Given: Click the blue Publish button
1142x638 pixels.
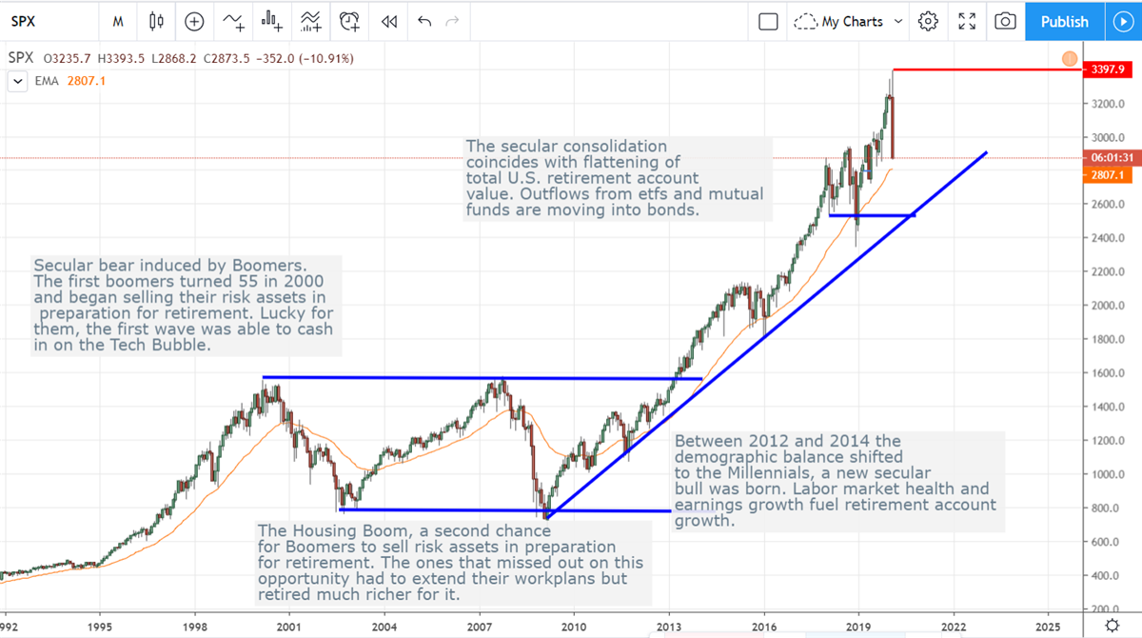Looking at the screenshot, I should pos(1064,21).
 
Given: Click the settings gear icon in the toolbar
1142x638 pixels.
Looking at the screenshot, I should pos(929,21).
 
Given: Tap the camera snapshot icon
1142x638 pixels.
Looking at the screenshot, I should pos(1005,21).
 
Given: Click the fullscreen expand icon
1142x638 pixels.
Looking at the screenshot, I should pos(967,21).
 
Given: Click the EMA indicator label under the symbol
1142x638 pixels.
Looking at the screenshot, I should pos(48,81).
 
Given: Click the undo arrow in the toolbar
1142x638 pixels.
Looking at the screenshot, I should pos(424,21).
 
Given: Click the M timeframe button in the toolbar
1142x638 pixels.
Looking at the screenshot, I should pos(117,21).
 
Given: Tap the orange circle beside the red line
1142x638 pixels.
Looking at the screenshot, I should pos(1069,59).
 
